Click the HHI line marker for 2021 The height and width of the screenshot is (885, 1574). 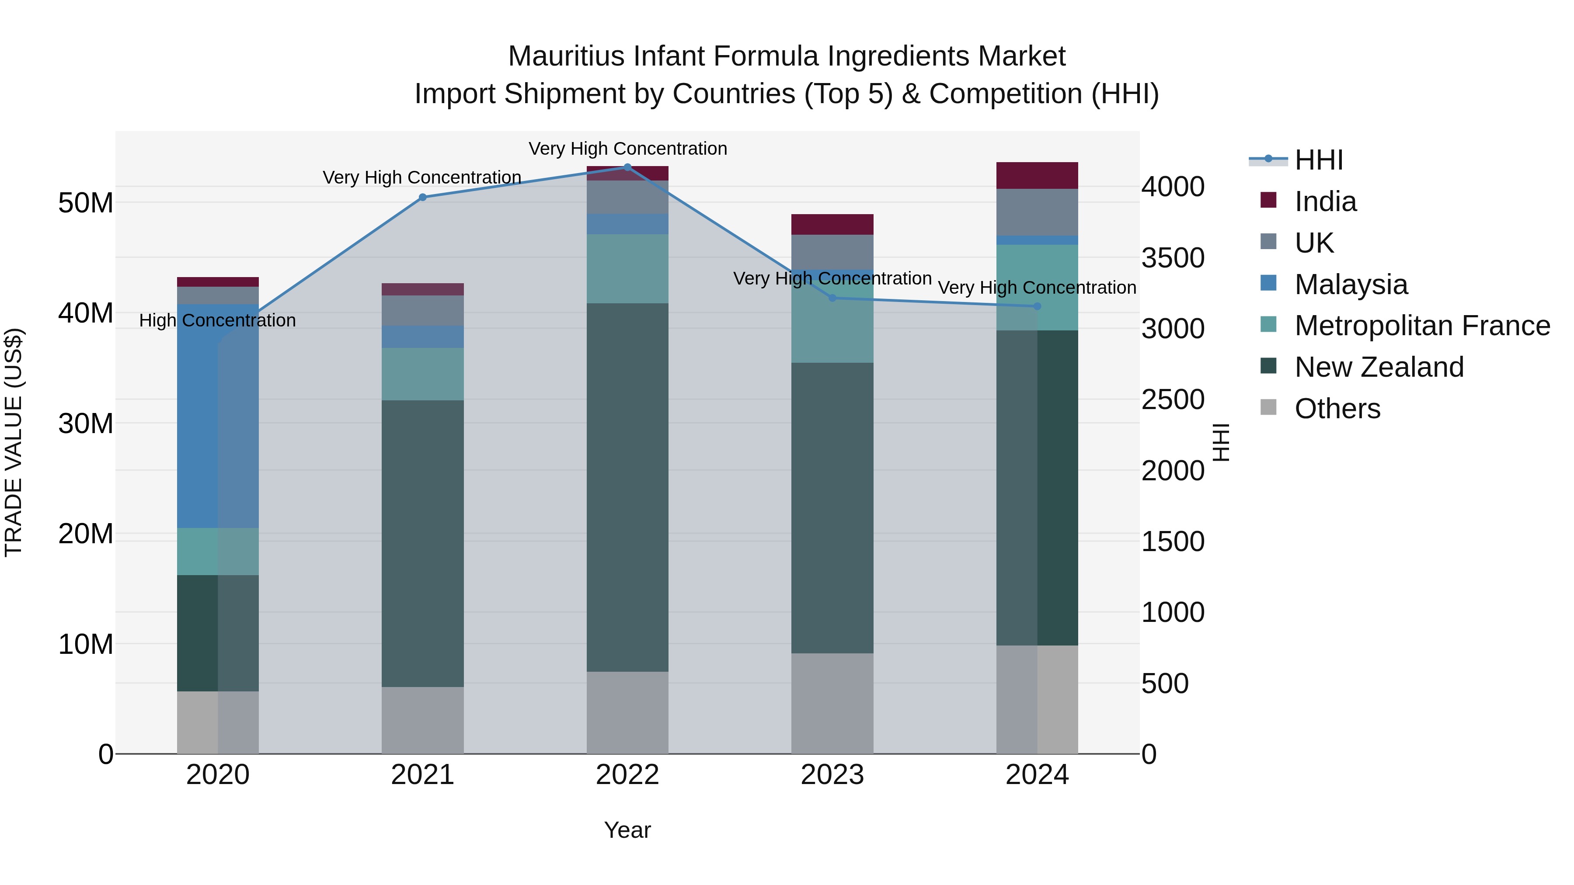(x=422, y=197)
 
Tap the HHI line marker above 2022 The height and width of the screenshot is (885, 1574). (x=627, y=167)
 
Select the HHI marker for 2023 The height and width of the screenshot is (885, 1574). (x=832, y=298)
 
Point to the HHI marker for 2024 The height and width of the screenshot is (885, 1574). (x=1037, y=307)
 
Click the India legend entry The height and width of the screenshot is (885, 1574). (x=1325, y=201)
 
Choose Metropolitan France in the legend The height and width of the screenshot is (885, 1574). (x=1421, y=326)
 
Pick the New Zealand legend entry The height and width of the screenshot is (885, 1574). (x=1379, y=367)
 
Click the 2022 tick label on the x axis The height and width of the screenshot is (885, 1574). (x=627, y=775)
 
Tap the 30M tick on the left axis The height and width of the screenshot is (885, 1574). (x=86, y=423)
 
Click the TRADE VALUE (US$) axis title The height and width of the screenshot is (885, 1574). (x=14, y=442)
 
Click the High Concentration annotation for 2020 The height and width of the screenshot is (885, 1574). (x=218, y=321)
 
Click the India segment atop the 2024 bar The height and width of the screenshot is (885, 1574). (x=1037, y=176)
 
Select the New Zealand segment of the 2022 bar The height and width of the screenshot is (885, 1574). (x=627, y=487)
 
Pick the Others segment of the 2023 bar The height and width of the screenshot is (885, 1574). (x=832, y=704)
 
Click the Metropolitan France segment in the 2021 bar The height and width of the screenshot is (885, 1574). (x=422, y=374)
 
